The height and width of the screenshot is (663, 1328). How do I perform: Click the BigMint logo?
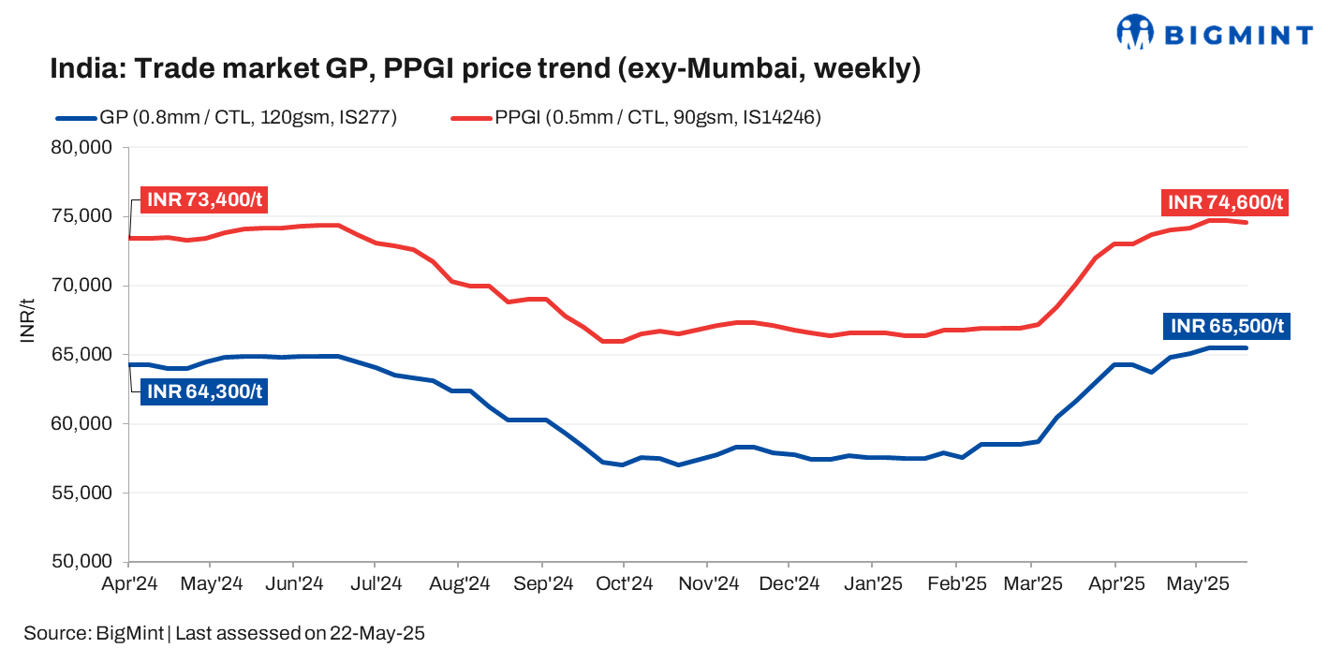pos(1214,34)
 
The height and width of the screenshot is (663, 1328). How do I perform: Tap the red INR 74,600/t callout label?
pos(1224,202)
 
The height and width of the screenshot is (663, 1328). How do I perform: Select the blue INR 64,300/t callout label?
pos(203,391)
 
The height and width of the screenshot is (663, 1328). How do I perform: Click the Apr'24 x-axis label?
pos(128,583)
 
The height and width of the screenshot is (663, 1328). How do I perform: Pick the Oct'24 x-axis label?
pos(624,583)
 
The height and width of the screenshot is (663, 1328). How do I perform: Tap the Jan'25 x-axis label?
pos(872,583)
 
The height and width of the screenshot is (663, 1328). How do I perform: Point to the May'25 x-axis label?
pos(1196,583)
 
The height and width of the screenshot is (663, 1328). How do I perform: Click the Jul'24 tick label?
pos(375,583)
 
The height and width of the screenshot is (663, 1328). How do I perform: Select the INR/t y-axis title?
pos(28,320)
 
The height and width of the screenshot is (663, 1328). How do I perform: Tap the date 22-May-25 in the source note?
pos(376,633)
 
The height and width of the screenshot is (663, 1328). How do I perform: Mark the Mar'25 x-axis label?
pos(1031,583)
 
